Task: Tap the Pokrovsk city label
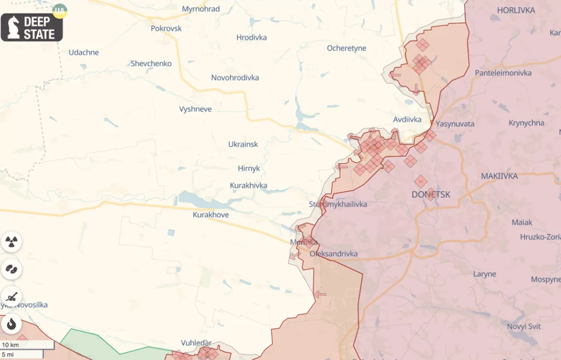click(166, 28)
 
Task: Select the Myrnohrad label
click(201, 9)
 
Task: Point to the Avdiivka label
click(407, 119)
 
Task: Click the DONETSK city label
click(431, 195)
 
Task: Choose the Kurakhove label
click(210, 215)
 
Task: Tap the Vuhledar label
click(196, 343)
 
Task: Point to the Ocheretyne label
click(346, 48)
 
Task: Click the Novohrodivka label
click(235, 78)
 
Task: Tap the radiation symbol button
click(11, 241)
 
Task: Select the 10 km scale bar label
click(11, 345)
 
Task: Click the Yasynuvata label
click(455, 124)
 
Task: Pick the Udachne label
click(84, 53)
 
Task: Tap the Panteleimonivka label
click(503, 73)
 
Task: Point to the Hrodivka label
click(251, 38)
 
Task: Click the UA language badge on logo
click(59, 10)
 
